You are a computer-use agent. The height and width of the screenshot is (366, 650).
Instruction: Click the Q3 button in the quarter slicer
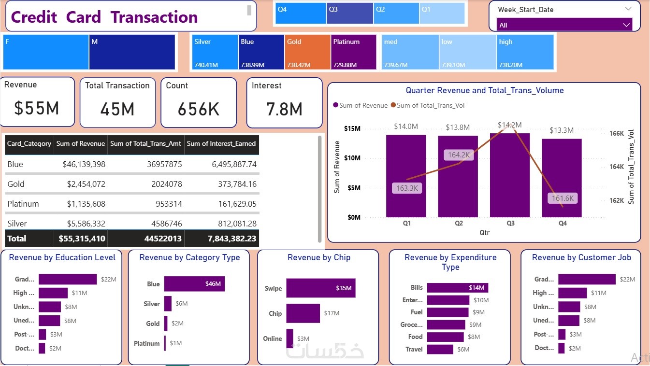click(x=349, y=14)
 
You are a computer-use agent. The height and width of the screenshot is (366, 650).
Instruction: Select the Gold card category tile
click(x=307, y=52)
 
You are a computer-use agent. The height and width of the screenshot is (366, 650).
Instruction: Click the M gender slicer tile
click(x=132, y=52)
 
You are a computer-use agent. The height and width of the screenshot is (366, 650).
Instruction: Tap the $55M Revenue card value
click(x=37, y=109)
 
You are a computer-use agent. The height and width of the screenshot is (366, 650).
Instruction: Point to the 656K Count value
click(x=199, y=110)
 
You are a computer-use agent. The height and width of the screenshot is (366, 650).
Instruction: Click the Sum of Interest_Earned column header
click(x=221, y=144)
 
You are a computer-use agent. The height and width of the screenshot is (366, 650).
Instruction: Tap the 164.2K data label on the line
click(x=459, y=155)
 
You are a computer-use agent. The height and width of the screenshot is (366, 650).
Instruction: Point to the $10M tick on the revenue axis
click(x=352, y=158)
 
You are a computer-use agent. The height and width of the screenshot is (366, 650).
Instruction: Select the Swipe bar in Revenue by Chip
click(x=320, y=288)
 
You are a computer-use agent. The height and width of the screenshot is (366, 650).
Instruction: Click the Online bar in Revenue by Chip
click(x=289, y=338)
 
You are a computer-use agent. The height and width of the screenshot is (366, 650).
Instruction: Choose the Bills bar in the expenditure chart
click(x=457, y=288)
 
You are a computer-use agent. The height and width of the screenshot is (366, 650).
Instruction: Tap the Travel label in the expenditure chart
click(x=414, y=349)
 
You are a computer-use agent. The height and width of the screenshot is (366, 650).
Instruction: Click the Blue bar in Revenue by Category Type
click(x=194, y=284)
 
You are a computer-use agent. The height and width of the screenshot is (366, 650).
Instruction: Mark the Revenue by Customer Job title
click(x=581, y=258)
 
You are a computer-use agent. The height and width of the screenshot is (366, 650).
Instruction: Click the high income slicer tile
click(x=525, y=52)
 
